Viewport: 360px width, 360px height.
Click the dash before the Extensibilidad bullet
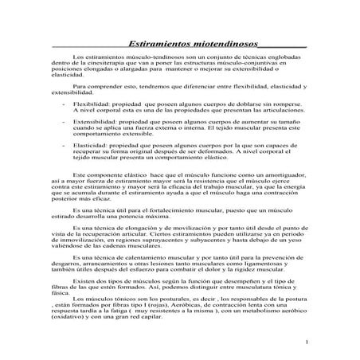point(62,122)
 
